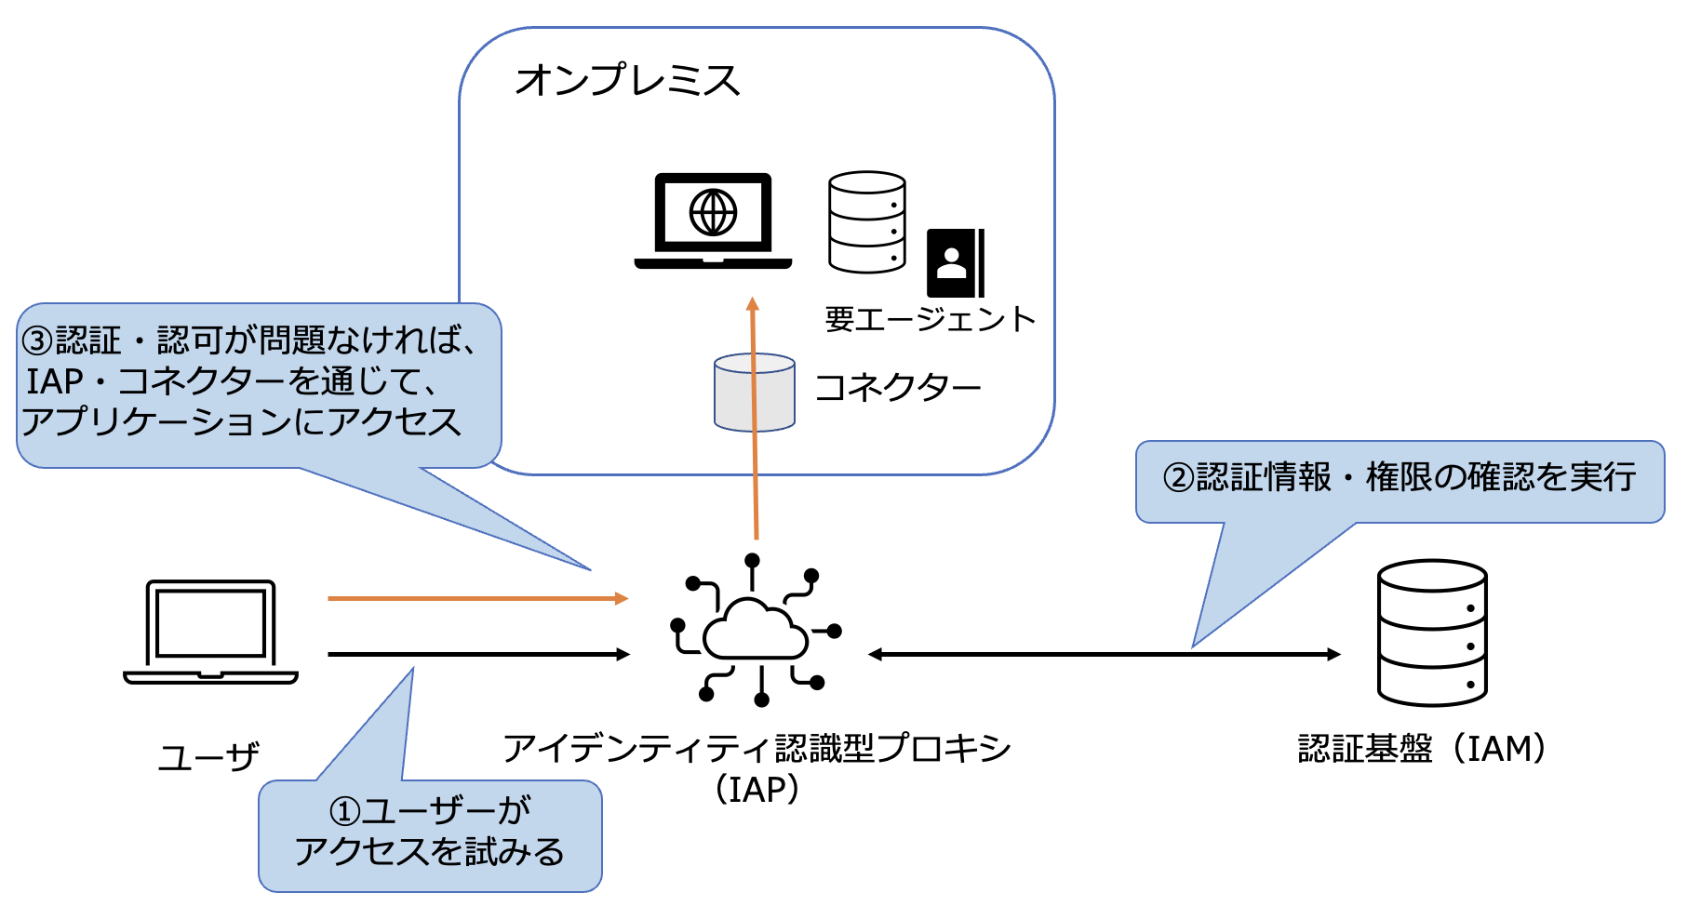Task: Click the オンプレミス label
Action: (x=627, y=81)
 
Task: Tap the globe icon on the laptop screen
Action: (x=713, y=212)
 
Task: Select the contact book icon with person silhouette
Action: (x=955, y=262)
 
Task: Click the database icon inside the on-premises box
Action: (x=866, y=221)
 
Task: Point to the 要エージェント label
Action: (x=930, y=320)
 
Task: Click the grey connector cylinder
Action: (x=754, y=393)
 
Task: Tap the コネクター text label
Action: (x=897, y=388)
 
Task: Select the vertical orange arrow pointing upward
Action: (x=755, y=419)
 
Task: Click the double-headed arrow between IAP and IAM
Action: (x=1104, y=655)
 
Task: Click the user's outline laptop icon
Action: (x=211, y=633)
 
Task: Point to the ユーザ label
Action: (x=208, y=757)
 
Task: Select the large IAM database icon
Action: (x=1431, y=633)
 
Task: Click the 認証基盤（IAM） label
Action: (x=1422, y=748)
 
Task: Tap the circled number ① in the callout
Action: (x=344, y=811)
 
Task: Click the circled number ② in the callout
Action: (x=1178, y=478)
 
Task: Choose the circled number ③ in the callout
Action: (x=38, y=340)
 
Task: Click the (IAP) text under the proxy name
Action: (x=757, y=790)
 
